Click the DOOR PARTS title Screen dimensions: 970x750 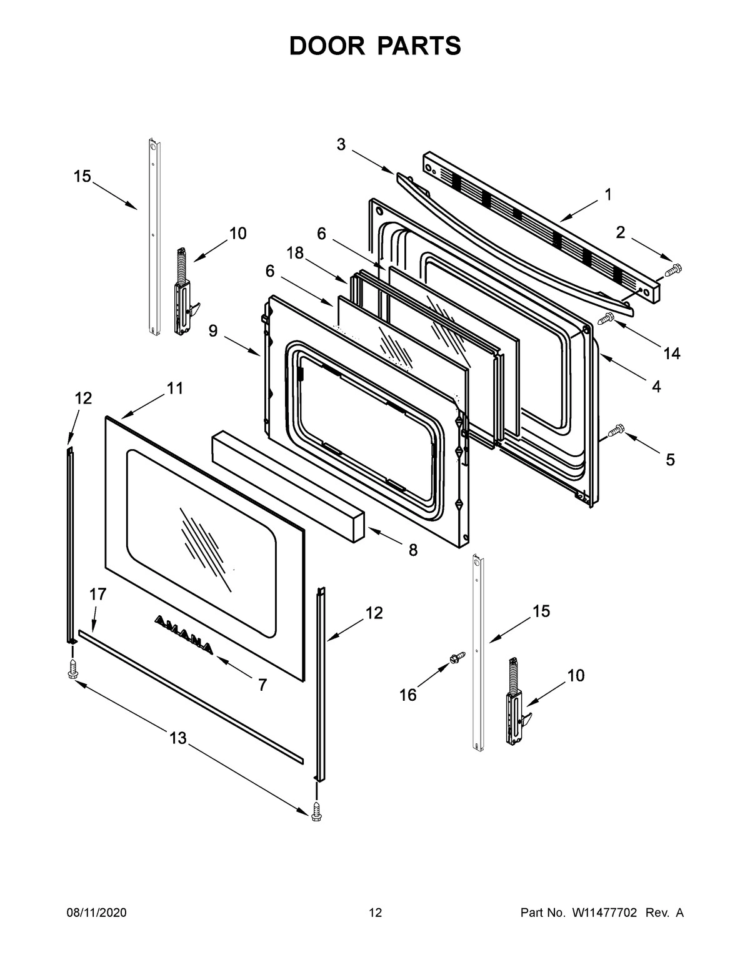(375, 46)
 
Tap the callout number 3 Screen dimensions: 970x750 (341, 144)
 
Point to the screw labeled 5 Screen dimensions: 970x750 (616, 430)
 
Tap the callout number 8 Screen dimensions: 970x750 (413, 550)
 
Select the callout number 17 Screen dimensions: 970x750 (97, 594)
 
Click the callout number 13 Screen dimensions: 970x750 (178, 738)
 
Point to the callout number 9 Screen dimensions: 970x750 (213, 331)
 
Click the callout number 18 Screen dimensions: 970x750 (295, 252)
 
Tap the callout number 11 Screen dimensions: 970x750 (175, 388)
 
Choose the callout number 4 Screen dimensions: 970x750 (656, 387)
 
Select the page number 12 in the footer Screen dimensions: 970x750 (375, 913)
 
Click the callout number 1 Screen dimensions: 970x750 (608, 194)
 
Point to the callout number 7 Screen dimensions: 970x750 (262, 685)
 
